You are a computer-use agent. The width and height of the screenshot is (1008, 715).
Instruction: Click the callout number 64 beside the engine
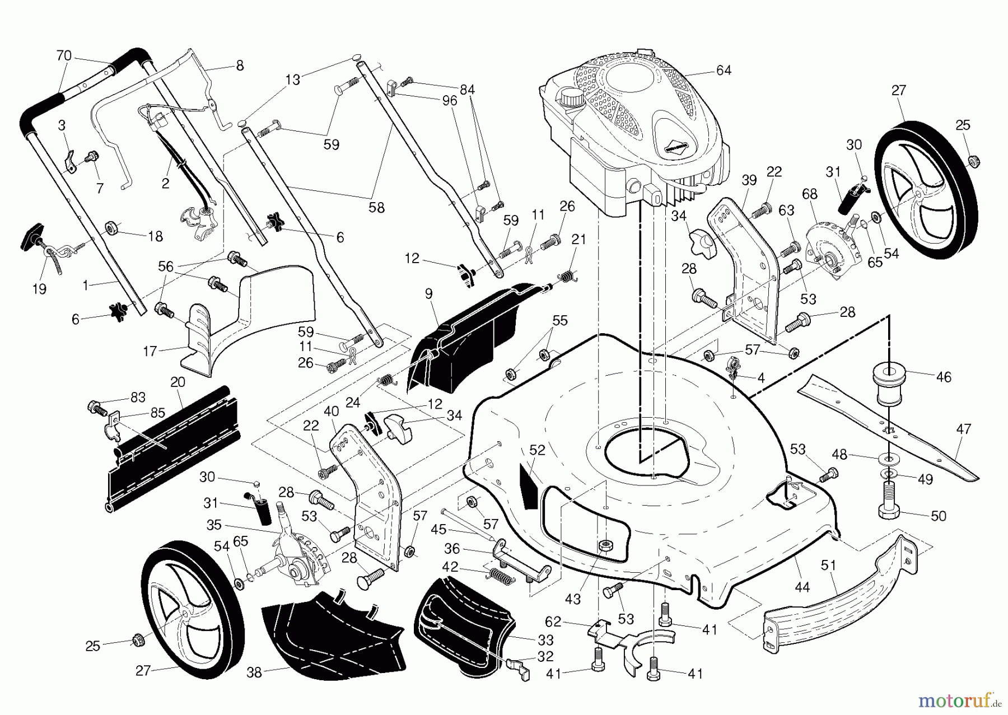coord(724,71)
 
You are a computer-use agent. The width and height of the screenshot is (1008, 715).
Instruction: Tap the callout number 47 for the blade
coord(964,429)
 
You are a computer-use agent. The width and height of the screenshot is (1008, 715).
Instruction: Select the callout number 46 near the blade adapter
coord(944,377)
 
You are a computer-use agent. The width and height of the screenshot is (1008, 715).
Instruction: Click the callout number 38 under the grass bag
coord(254,673)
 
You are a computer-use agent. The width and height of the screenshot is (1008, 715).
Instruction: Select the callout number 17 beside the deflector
coord(150,351)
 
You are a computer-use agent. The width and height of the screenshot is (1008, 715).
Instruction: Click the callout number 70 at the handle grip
coord(64,55)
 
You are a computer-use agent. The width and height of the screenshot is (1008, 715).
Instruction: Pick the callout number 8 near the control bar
coord(240,66)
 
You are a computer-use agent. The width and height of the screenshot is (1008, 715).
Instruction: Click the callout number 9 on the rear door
coord(428,292)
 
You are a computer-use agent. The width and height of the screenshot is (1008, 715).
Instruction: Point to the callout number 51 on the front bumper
coord(828,566)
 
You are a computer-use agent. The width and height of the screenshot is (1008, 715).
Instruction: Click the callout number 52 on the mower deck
coord(537,450)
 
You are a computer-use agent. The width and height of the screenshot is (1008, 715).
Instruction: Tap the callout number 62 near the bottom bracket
coord(553,621)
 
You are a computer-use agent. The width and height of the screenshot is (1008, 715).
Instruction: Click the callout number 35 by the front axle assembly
coord(214,525)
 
